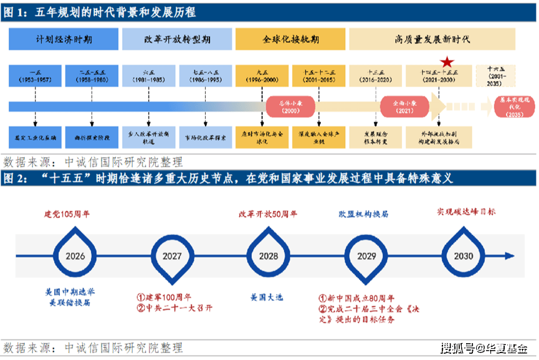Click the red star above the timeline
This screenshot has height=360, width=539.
(446, 62)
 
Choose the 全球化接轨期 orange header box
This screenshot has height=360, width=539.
(290, 39)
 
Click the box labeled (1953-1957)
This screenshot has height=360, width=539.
(35, 76)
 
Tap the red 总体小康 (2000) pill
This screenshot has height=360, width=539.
(291, 106)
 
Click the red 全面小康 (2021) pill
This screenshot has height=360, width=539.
(404, 106)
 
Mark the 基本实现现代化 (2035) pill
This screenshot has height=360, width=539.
(515, 106)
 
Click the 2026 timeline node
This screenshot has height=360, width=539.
(75, 255)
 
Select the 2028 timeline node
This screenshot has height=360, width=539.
(269, 255)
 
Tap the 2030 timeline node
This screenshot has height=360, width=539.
(463, 255)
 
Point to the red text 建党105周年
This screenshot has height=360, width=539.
(67, 214)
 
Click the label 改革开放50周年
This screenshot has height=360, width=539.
(268, 214)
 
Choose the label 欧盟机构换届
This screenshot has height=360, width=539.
(364, 214)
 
